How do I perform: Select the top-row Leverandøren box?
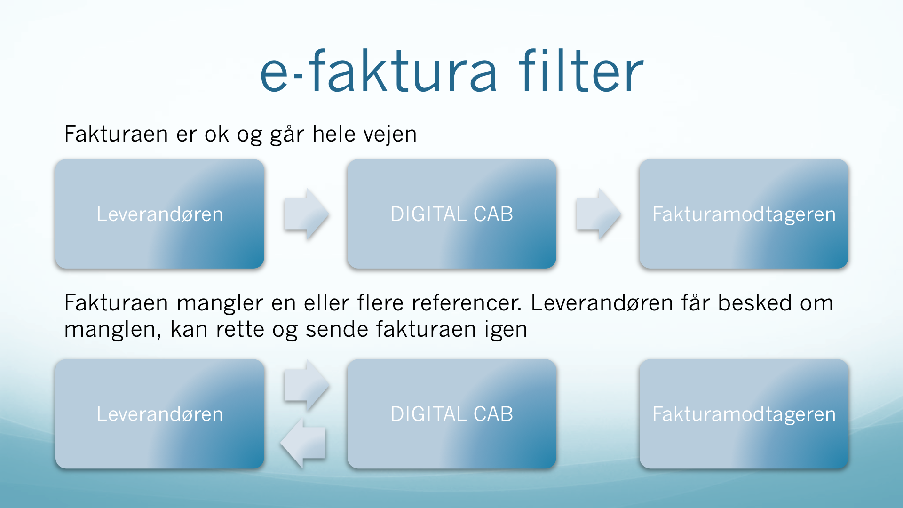pyautogui.click(x=160, y=214)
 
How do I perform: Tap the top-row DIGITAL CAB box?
pyautogui.click(x=451, y=214)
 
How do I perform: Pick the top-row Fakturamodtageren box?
pyautogui.click(x=744, y=214)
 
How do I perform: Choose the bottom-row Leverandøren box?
pyautogui.click(x=160, y=414)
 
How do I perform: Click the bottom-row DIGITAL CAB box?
pyautogui.click(x=451, y=414)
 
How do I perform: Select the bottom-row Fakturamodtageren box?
pyautogui.click(x=744, y=414)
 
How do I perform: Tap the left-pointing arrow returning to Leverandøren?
pyautogui.click(x=303, y=443)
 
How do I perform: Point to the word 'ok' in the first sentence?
pyautogui.click(x=216, y=134)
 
